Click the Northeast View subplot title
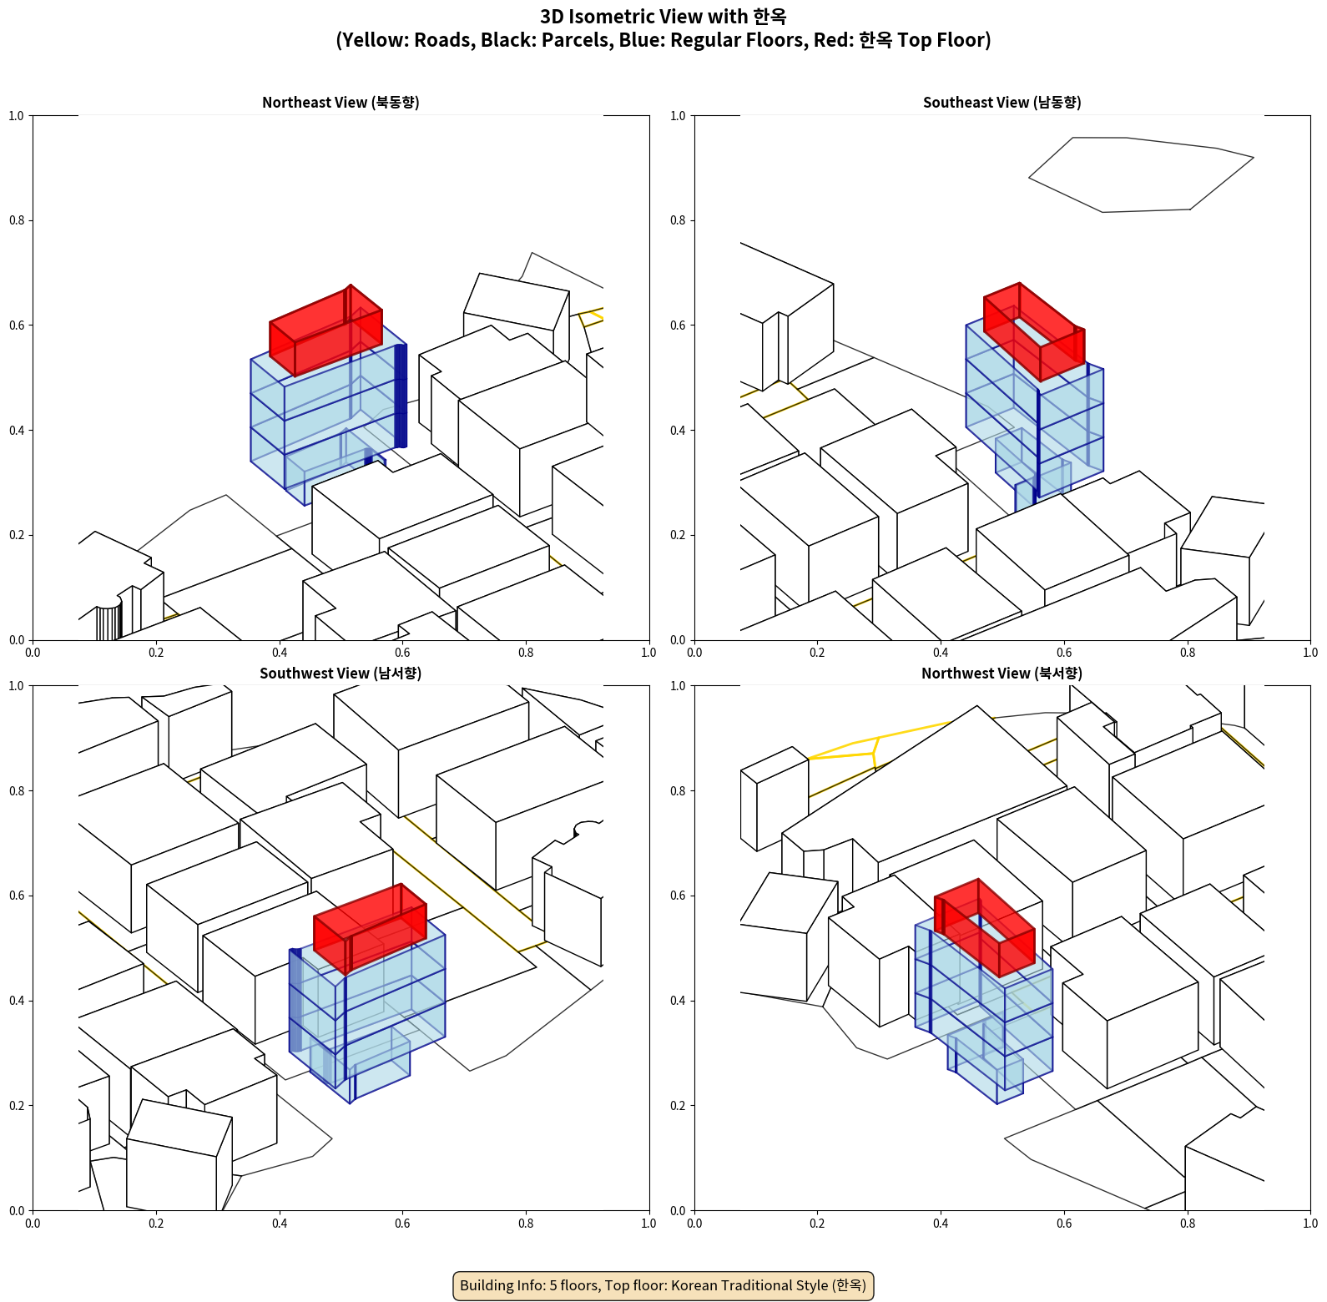341,103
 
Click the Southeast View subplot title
1002,103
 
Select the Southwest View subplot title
341,674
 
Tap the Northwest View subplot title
1002,674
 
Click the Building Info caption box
663,1285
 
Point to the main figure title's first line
663,17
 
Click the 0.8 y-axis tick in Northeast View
17,220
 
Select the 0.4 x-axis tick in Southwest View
280,1224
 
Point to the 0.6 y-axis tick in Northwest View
678,896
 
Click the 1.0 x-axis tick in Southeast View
1310,653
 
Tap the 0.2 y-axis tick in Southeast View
678,535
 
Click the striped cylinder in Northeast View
108,623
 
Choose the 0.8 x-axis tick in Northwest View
1187,1224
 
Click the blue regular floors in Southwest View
392,1002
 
